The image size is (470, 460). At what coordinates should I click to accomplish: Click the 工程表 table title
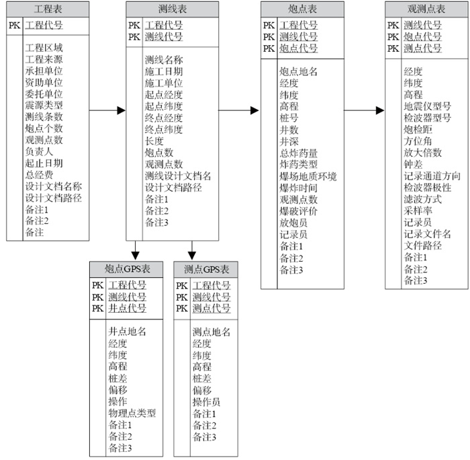(48, 9)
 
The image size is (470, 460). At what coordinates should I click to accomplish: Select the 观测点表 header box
(426, 9)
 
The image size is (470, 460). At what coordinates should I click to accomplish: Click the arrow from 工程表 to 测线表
(107, 110)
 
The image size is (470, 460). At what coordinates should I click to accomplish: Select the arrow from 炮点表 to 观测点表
(365, 110)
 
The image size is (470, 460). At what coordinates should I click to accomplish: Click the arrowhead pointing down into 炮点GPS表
(135, 254)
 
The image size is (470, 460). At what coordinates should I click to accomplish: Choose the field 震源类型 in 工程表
(44, 105)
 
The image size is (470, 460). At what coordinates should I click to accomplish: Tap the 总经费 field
(39, 175)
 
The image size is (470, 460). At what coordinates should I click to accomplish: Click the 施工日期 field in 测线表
(164, 71)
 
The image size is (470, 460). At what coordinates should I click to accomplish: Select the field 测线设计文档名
(178, 176)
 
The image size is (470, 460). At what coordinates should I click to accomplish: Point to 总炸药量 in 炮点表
(299, 153)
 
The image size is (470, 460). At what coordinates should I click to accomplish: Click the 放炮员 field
(294, 223)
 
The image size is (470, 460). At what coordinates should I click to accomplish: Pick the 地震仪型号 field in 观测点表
(428, 106)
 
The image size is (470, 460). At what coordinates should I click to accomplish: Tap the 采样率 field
(418, 210)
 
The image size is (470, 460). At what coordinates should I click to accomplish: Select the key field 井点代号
(127, 308)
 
